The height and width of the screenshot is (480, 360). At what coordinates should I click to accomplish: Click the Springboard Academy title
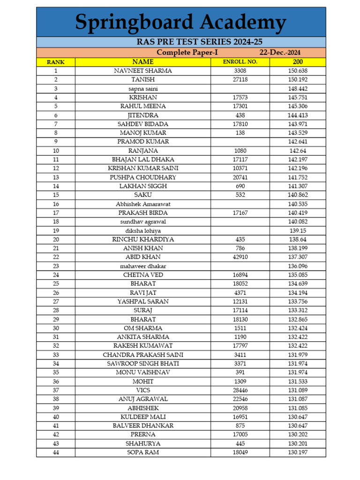180,22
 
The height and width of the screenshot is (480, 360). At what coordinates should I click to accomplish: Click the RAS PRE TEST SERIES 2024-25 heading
180,42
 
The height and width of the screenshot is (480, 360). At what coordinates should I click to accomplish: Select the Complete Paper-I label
187,52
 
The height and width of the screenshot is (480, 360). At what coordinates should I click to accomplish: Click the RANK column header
55,62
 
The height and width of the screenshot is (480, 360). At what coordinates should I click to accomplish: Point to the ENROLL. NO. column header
240,62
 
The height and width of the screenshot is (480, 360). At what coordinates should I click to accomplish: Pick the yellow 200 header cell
298,62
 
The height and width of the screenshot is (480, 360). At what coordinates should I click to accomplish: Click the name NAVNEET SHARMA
143,71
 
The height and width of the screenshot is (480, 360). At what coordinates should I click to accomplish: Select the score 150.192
298,80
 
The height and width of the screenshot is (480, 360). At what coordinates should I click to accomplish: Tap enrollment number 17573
240,97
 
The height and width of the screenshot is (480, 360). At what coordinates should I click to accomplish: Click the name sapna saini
143,89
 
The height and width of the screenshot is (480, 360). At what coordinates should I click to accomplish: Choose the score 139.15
298,231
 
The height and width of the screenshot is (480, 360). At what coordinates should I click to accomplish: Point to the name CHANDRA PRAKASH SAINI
143,355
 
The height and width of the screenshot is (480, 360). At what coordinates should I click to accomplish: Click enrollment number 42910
240,257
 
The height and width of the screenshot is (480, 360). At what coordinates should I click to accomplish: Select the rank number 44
55,452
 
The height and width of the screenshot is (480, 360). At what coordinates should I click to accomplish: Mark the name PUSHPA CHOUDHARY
143,177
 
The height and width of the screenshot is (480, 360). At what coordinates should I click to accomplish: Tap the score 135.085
298,275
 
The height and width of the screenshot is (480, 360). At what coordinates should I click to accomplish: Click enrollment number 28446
240,390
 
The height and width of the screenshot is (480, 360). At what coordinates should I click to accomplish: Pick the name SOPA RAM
143,452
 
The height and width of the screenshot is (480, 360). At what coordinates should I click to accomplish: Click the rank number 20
55,240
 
